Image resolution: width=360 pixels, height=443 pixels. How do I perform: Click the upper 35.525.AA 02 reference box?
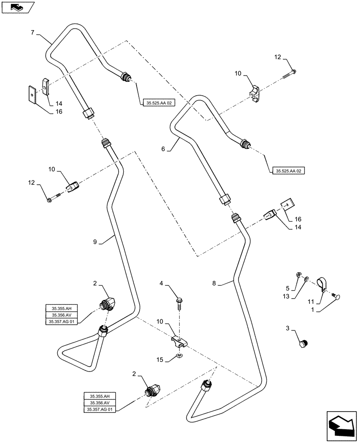coord(159,103)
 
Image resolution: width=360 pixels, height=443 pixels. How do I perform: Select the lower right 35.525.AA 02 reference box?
coord(288,171)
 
